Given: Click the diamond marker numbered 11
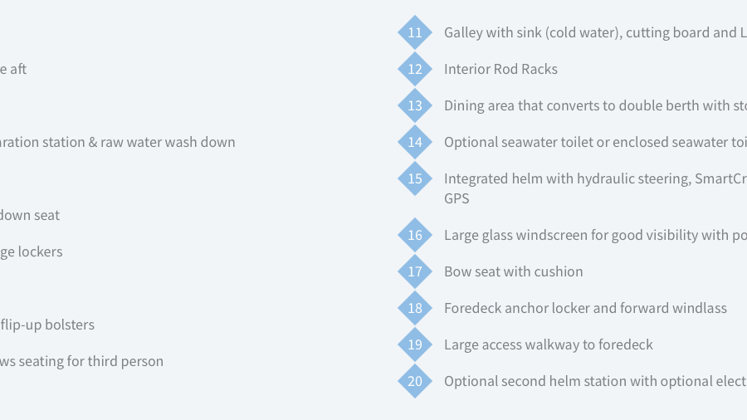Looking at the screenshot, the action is [x=415, y=32].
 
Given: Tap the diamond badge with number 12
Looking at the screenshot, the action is [x=415, y=69].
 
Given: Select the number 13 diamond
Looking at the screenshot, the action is [x=415, y=105].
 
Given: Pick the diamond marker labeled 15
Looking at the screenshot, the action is [x=415, y=178].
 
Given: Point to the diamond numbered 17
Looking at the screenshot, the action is [x=415, y=271].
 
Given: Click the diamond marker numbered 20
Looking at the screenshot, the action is [x=415, y=381].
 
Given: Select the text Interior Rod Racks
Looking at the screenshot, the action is [x=500, y=69].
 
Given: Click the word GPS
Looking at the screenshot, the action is [x=456, y=198].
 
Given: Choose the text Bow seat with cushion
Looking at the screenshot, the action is [x=514, y=271].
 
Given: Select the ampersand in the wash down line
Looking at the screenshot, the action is [x=93, y=142].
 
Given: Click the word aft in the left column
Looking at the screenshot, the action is [x=18, y=69].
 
